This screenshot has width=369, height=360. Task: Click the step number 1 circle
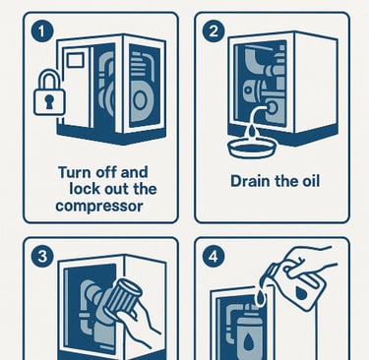[42, 31]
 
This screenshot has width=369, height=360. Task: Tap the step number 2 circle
[214, 31]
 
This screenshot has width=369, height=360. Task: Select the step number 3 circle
[42, 257]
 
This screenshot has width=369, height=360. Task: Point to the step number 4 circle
[214, 257]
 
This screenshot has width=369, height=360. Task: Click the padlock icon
[49, 92]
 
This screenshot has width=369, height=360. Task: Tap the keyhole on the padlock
[49, 101]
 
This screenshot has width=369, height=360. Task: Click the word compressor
[99, 207]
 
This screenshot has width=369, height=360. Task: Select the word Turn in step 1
[74, 172]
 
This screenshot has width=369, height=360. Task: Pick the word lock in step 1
[85, 189]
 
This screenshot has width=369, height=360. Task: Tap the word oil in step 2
[311, 181]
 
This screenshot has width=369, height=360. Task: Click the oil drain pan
[252, 149]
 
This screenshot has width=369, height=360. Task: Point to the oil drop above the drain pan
[252, 131]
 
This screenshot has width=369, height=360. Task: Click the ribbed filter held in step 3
[124, 297]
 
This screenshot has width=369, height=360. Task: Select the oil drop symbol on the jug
[302, 293]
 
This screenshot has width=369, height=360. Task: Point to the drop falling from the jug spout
[261, 298]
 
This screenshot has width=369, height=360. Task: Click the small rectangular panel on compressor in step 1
[75, 60]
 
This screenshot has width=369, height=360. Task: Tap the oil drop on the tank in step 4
[248, 342]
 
